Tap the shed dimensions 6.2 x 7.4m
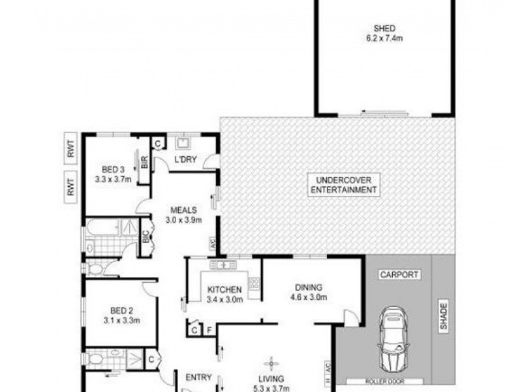click(384, 38)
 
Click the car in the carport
click(393, 338)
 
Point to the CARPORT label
click(399, 275)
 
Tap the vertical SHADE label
click(444, 317)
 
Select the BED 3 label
click(113, 169)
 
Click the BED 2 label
click(113, 312)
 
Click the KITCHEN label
click(224, 290)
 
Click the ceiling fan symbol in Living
click(269, 363)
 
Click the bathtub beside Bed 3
click(102, 228)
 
